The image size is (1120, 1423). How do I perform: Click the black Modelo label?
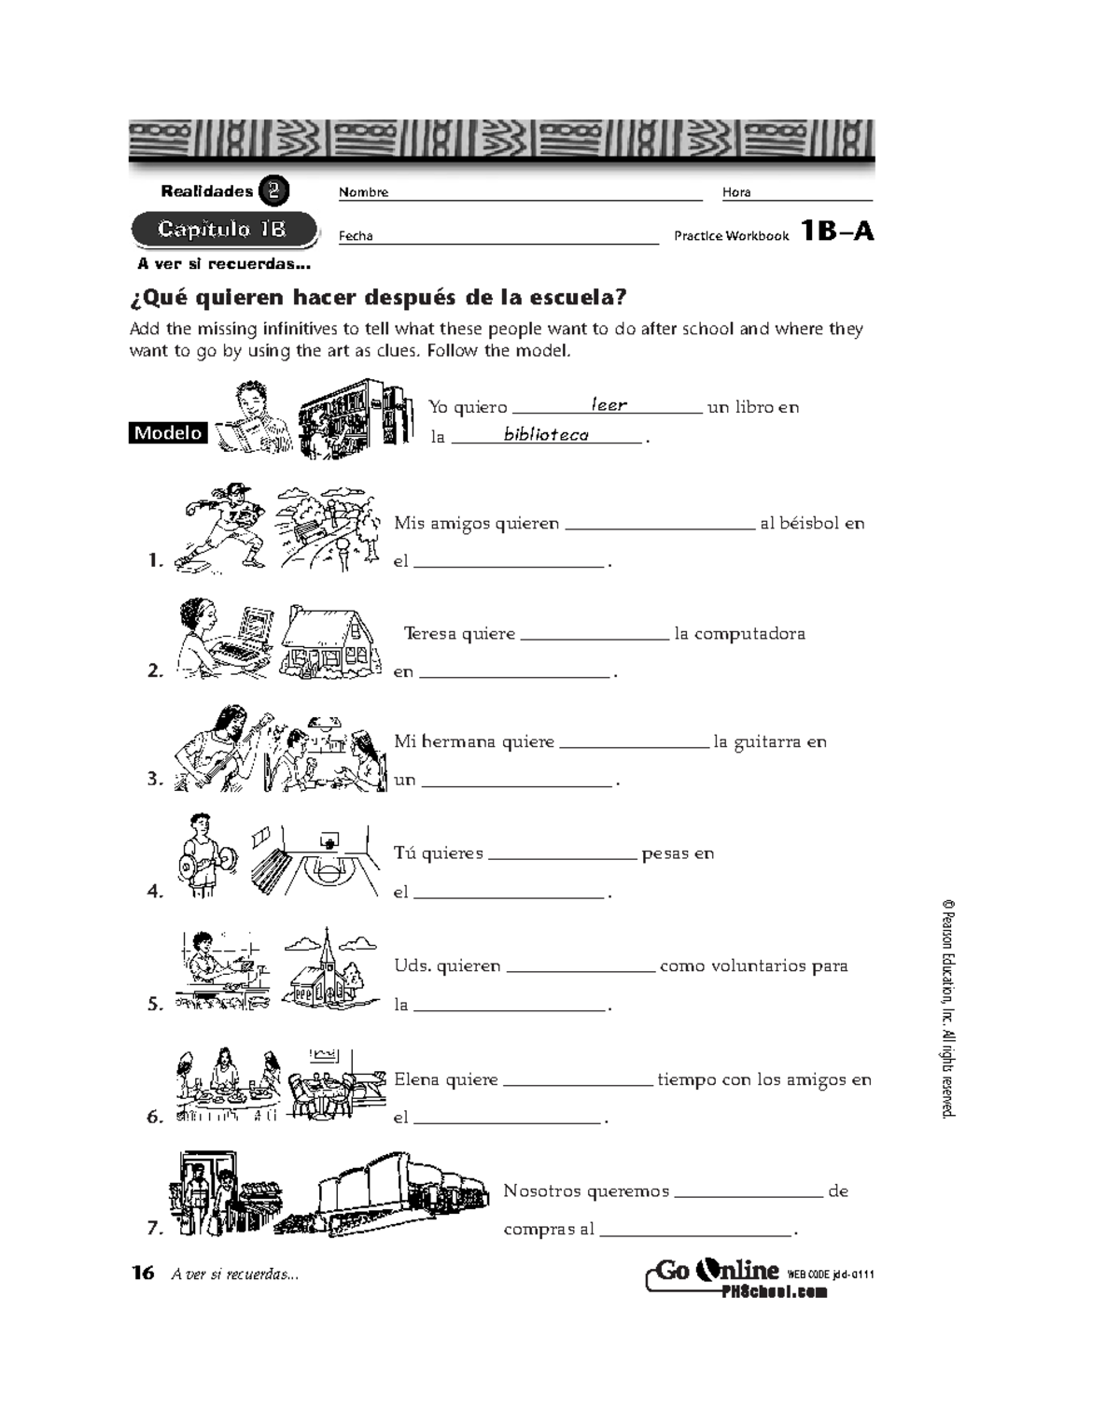coord(168,433)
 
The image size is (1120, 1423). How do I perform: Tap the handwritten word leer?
coord(609,405)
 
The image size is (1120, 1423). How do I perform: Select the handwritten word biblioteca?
coord(546,434)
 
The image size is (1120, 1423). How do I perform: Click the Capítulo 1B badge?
coord(222,230)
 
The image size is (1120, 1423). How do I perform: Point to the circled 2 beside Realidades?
coord(273,191)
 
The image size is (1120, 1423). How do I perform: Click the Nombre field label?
coord(363,192)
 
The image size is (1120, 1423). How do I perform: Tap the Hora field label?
coord(736,192)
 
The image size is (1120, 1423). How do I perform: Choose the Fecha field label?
coord(356,236)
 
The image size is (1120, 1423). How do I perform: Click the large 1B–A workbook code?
coord(837,232)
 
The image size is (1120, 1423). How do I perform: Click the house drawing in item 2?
coord(330,641)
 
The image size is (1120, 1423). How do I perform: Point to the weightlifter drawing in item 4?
coord(204,855)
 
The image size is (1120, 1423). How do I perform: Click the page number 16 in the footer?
coord(143,1273)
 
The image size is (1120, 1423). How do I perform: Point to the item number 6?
coord(155,1117)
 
